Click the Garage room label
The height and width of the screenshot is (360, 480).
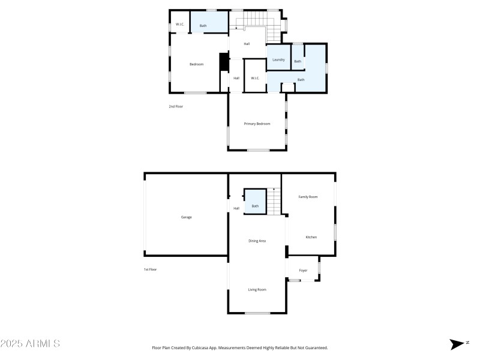[186, 217]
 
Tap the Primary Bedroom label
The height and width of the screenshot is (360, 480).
[257, 124]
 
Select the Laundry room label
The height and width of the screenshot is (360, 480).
[278, 60]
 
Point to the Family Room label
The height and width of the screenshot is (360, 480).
[308, 197]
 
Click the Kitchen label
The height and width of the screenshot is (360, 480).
[311, 237]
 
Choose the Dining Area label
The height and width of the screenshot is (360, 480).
[257, 241]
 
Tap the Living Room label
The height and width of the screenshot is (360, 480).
[257, 289]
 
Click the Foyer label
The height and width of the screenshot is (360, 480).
[303, 271]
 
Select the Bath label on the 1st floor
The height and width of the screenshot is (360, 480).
[255, 206]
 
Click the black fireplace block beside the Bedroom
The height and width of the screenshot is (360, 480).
[224, 62]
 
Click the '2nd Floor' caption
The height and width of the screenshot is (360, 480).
[175, 106]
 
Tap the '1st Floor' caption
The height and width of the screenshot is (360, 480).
[150, 269]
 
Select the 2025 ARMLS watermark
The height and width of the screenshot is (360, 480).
[30, 344]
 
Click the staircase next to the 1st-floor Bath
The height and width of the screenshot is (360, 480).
[274, 201]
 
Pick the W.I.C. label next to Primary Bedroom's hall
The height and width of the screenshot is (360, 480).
[254, 78]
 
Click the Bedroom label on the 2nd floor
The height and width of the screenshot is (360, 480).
[196, 64]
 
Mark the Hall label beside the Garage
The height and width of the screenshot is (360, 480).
[236, 208]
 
